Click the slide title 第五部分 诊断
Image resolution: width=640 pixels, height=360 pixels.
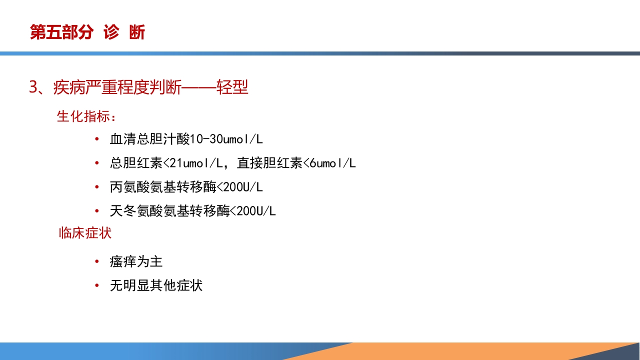[87, 32]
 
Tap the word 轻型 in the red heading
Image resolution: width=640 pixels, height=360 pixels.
[232, 87]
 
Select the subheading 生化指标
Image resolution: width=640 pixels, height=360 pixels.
[86, 116]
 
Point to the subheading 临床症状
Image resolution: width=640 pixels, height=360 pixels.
[85, 233]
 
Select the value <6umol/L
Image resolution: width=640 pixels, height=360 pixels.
[329, 163]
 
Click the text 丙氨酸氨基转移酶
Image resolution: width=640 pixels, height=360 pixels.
[163, 187]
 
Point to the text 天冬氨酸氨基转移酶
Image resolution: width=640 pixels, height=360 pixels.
[169, 211]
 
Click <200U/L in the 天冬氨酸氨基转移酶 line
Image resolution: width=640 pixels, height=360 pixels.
[252, 211]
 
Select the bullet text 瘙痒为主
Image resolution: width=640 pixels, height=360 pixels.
[136, 261]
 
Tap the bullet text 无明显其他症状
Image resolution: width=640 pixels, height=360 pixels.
[156, 285]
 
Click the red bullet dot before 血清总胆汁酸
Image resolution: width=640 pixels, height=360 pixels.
[96, 139]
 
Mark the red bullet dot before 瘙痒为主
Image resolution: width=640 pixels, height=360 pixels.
[96, 261]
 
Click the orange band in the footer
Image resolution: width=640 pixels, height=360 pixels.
[450, 351]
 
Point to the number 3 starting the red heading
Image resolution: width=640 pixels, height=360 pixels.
[33, 87]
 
